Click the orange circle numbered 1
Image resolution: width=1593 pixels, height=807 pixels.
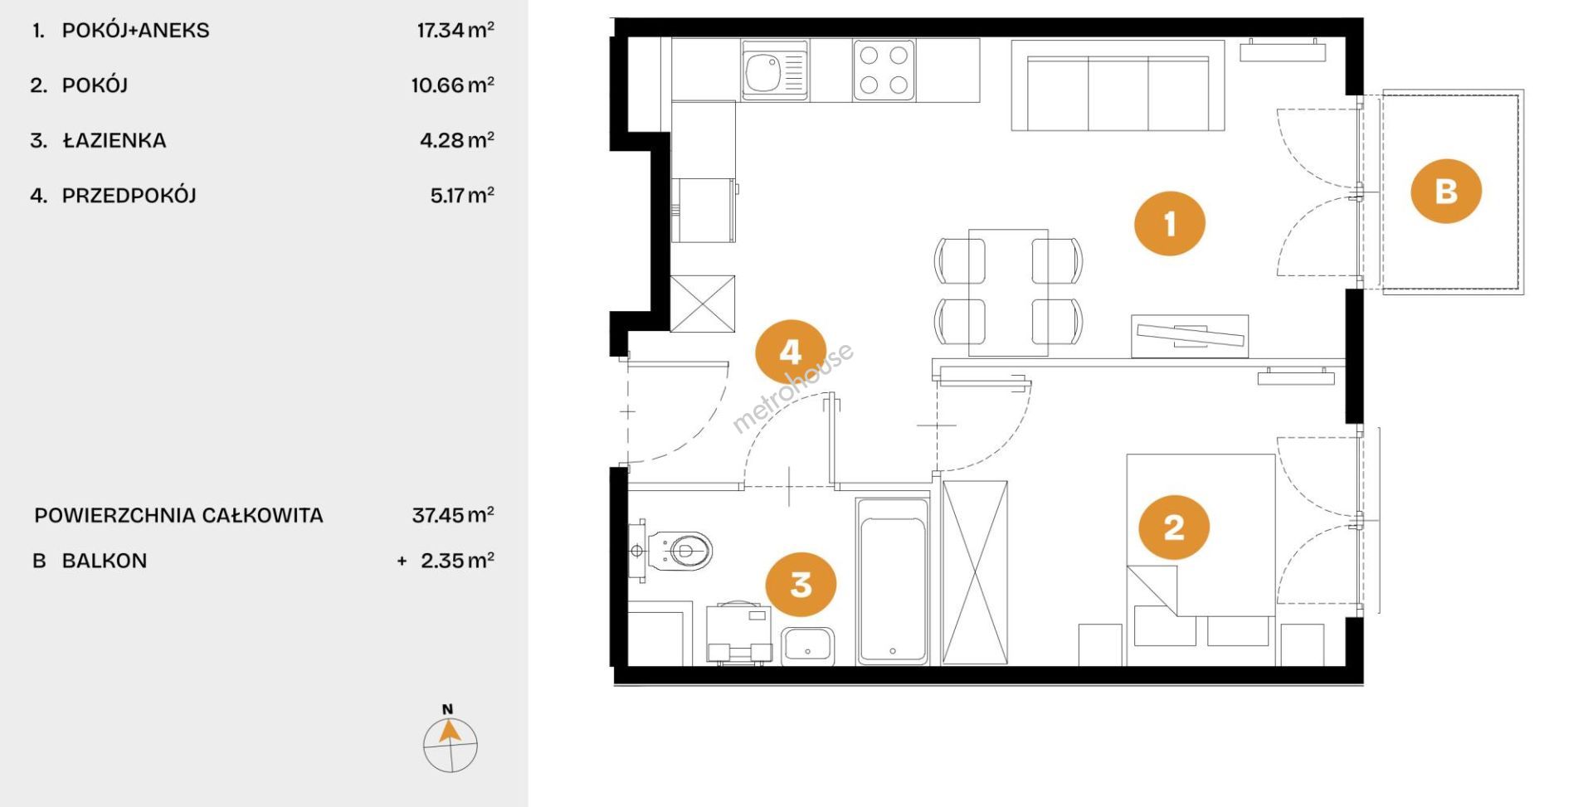(x=1170, y=223)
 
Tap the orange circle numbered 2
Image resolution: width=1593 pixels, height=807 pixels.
(x=1174, y=527)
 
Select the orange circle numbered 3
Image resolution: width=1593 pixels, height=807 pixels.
(x=801, y=585)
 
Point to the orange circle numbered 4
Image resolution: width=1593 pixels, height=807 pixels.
(x=791, y=352)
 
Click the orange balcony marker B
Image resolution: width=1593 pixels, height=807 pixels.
(x=1446, y=192)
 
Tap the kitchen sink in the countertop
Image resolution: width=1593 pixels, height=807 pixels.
(x=775, y=70)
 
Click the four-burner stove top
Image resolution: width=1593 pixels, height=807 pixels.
(x=884, y=70)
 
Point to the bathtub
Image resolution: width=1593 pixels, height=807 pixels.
(x=893, y=581)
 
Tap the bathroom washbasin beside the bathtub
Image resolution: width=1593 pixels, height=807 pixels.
(x=808, y=647)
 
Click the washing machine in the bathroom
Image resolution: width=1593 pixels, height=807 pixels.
(x=738, y=634)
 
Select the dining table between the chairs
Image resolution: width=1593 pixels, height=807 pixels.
(x=1008, y=293)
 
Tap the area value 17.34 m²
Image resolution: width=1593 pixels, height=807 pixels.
(x=455, y=31)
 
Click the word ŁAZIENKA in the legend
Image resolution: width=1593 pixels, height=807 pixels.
(x=114, y=140)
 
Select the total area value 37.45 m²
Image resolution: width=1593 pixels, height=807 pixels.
(x=453, y=515)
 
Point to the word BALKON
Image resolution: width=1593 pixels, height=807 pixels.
(x=105, y=561)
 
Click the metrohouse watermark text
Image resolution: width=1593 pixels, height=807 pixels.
(x=792, y=387)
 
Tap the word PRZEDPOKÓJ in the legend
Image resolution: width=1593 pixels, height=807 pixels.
(x=129, y=196)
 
